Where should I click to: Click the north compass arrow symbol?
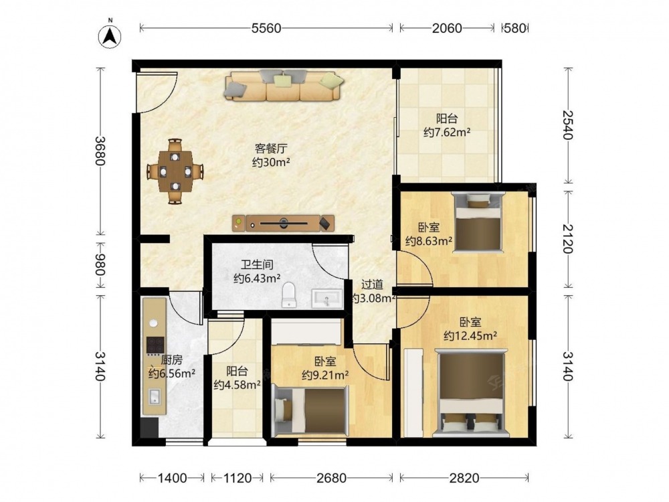(x=110, y=37)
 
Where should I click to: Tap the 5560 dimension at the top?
(x=266, y=28)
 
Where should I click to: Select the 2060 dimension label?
(x=447, y=28)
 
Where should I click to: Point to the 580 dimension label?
(x=514, y=28)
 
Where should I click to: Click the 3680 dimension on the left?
(x=101, y=151)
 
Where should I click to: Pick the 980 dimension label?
(x=101, y=264)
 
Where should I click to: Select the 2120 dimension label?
(x=568, y=238)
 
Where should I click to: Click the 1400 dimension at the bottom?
(x=173, y=478)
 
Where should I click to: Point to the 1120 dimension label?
(x=237, y=478)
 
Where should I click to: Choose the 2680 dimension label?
(x=331, y=478)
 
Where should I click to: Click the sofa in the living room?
(x=284, y=86)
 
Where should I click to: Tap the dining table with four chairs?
(x=175, y=171)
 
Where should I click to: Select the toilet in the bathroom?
(x=289, y=295)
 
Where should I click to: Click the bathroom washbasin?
(x=327, y=298)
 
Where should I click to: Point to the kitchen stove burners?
(x=155, y=345)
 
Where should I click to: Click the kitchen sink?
(x=154, y=397)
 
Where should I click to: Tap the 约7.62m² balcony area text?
(x=447, y=133)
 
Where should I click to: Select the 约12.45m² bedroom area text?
(x=470, y=336)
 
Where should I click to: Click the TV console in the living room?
(x=283, y=224)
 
